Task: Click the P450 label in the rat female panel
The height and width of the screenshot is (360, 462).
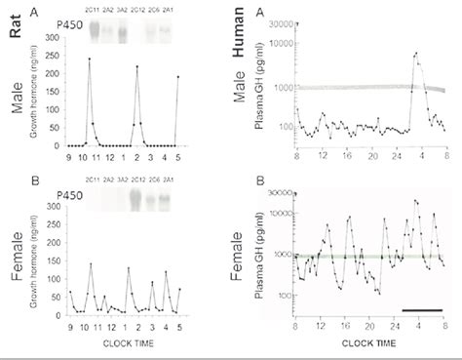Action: [69, 194]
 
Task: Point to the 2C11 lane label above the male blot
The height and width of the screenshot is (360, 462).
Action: [95, 12]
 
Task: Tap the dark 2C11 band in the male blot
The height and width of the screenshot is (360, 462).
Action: [96, 32]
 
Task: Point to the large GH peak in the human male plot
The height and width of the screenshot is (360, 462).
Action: [416, 54]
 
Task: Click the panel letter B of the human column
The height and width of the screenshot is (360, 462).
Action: [259, 180]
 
